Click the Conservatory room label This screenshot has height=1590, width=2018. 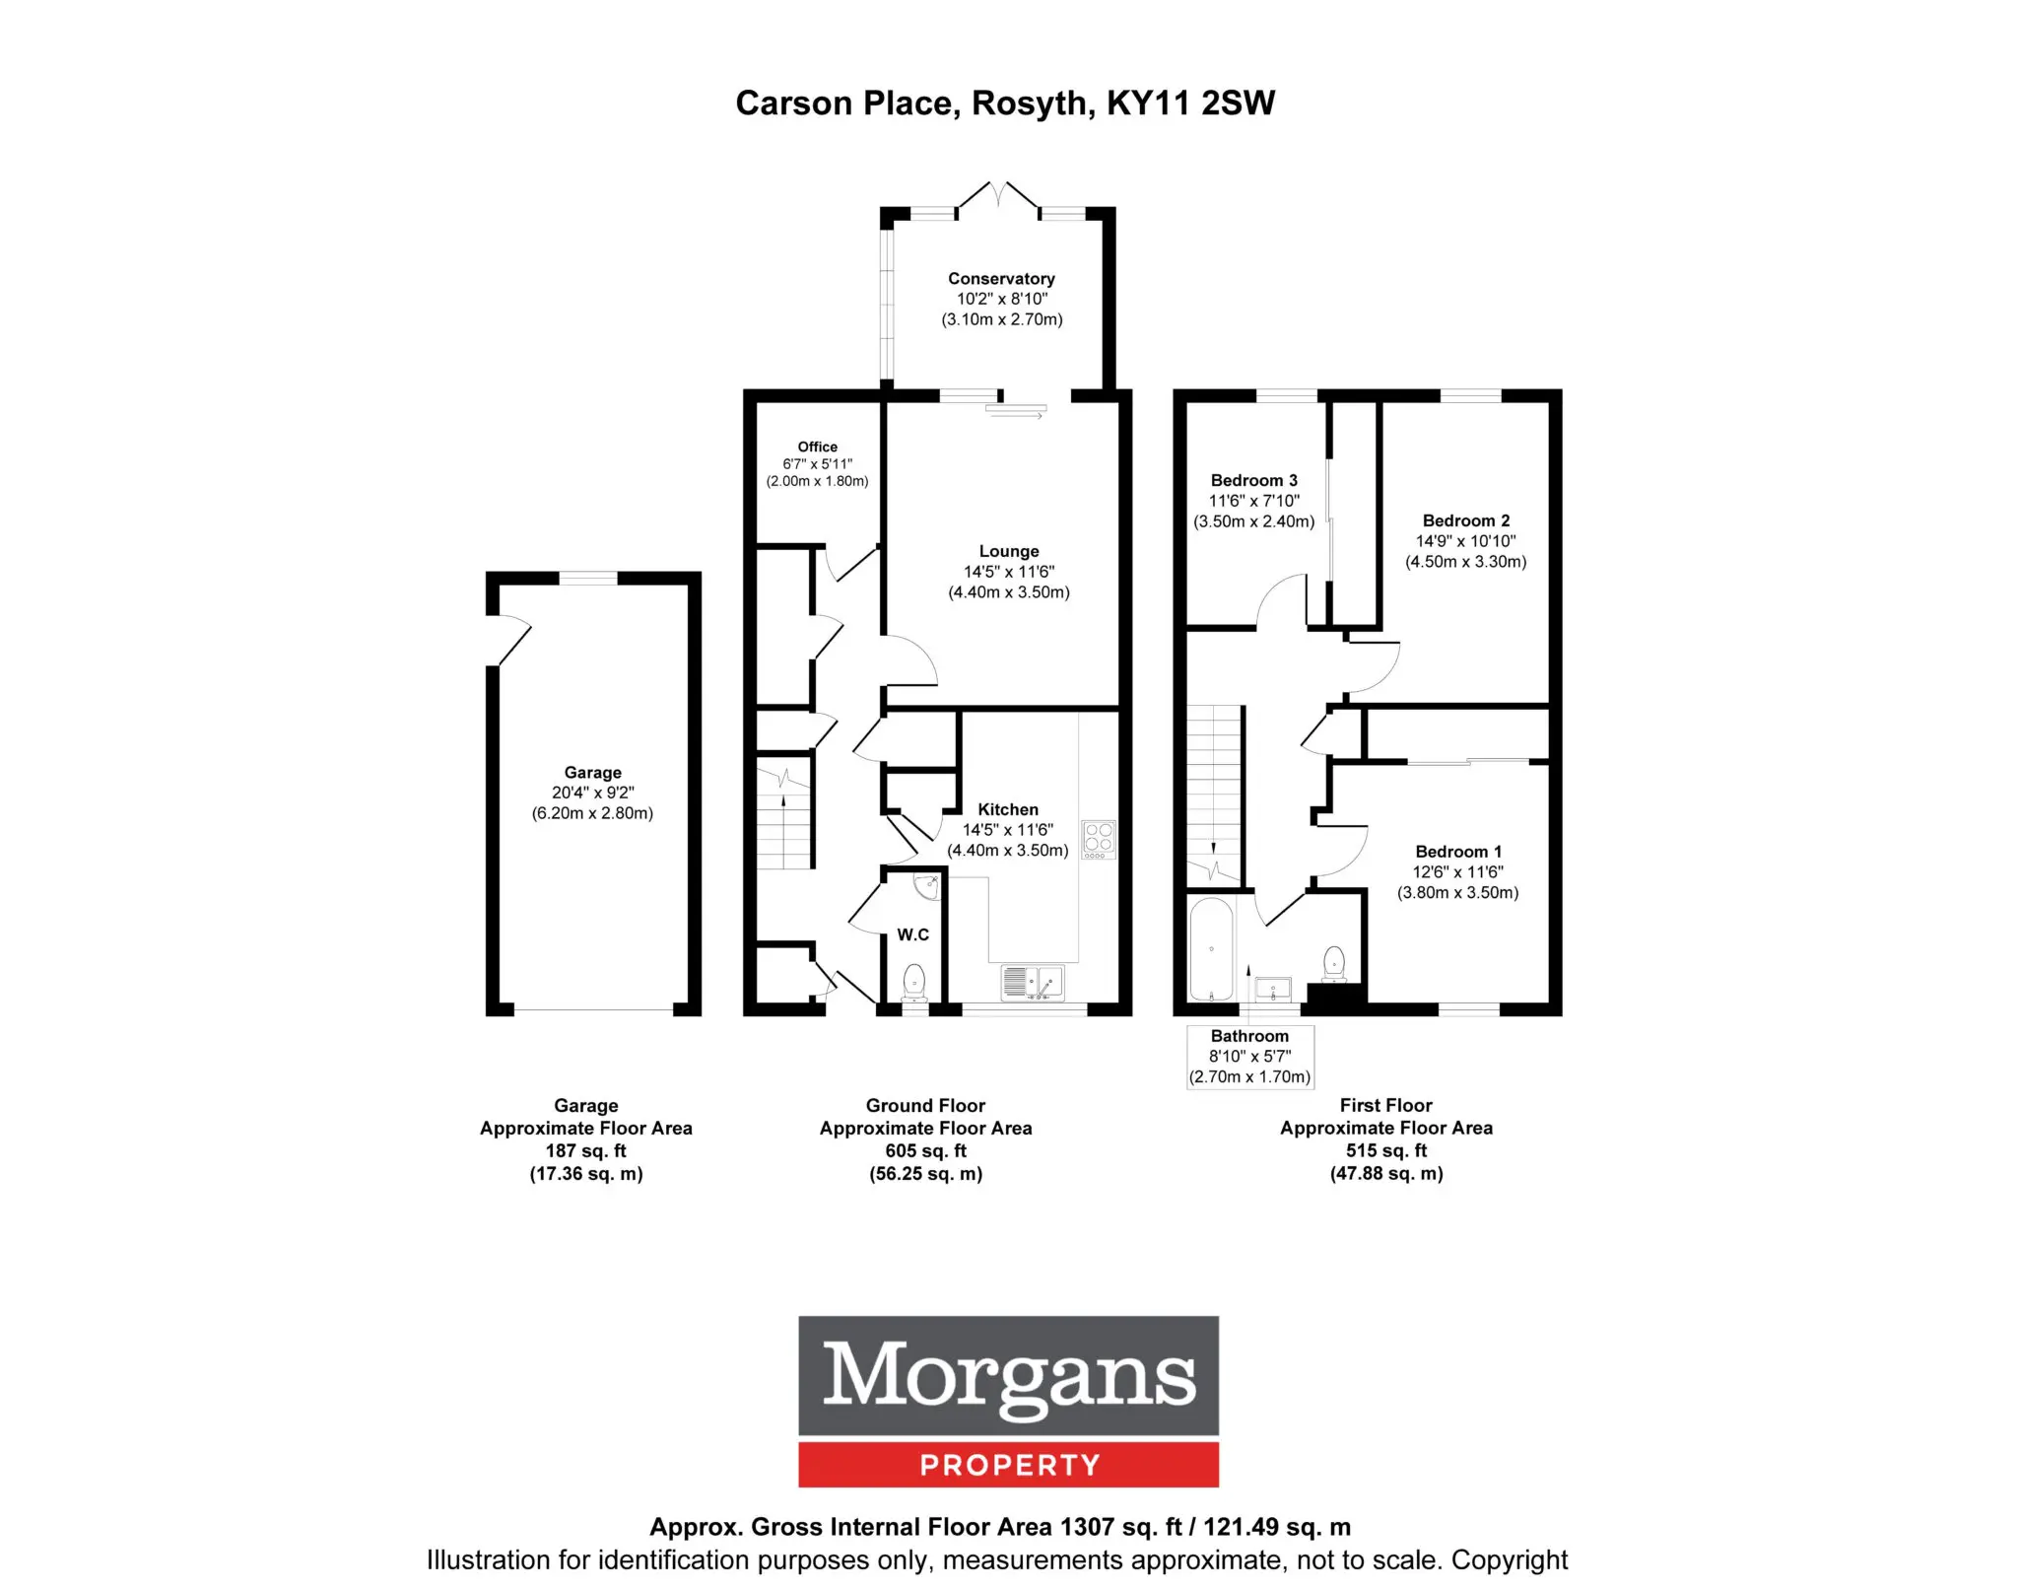[1001, 279]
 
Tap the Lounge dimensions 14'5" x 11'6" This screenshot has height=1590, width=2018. [1008, 572]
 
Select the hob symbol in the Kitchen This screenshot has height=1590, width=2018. [1099, 839]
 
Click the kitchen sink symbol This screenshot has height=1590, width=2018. [1033, 982]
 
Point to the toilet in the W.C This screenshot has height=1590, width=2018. [914, 983]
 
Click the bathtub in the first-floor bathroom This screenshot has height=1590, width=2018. [1211, 949]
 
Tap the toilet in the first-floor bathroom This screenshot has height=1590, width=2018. [1334, 964]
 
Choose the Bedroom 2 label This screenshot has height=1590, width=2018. [1465, 520]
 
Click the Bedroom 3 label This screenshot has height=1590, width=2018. [1253, 480]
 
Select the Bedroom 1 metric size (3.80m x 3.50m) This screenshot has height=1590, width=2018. [1457, 893]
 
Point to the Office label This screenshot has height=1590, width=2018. [817, 447]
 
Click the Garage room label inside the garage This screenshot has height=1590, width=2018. [592, 773]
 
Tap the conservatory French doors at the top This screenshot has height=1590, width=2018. [998, 195]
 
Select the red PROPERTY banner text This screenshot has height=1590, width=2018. [1009, 1466]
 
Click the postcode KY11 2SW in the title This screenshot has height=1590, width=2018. [1190, 104]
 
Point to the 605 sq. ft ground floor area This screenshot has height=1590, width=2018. [925, 1150]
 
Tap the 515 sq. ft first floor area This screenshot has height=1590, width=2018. [1385, 1150]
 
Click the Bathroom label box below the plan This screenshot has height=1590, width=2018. [1249, 1057]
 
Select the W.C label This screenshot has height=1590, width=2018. [912, 934]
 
